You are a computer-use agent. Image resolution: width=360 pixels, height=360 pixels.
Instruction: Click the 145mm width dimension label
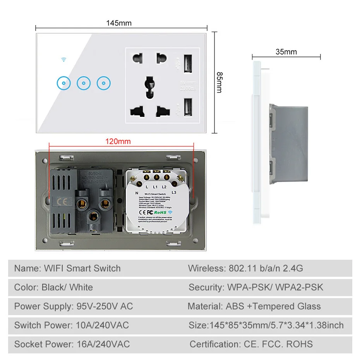tap(119, 23)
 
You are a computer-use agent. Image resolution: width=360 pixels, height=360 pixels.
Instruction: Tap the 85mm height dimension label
tap(219, 82)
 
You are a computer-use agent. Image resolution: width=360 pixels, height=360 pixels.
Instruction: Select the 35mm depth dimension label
tap(286, 51)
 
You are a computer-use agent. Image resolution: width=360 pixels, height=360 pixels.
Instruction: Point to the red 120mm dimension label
tap(118, 141)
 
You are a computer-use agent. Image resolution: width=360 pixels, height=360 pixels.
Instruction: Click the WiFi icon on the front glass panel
tap(63, 60)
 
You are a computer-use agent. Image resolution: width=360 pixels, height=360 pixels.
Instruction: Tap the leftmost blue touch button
tap(63, 82)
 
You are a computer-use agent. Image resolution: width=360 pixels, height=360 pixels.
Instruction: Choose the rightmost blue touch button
tap(104, 82)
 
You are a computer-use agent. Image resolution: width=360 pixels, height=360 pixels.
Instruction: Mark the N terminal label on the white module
tap(137, 192)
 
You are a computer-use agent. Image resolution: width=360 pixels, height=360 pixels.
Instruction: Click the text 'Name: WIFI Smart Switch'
tap(67, 268)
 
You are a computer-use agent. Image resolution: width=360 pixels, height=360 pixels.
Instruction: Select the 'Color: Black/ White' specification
tap(53, 287)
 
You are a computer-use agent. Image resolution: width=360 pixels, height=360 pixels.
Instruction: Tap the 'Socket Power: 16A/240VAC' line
tap(72, 344)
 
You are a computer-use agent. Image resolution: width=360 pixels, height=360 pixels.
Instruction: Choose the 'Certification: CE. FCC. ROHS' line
tap(251, 344)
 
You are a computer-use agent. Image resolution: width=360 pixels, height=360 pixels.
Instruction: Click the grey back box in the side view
tap(288, 143)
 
